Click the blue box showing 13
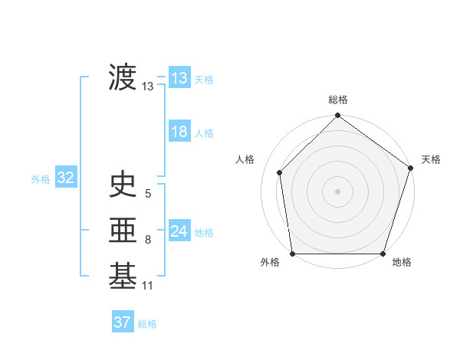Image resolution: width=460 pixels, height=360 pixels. (x=179, y=78)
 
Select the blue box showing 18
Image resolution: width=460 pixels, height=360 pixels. (x=179, y=132)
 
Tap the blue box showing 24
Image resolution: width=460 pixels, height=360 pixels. (x=179, y=231)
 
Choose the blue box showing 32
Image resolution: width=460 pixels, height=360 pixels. (x=65, y=178)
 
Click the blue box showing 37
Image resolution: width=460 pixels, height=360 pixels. (x=123, y=322)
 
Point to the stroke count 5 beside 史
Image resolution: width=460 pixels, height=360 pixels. (x=148, y=195)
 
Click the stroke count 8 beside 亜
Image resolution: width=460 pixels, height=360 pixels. (x=148, y=240)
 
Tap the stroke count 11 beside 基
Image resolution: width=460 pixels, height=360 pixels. (x=148, y=286)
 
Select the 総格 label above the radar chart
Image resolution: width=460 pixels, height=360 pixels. (x=338, y=100)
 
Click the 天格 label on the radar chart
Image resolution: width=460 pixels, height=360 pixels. (x=431, y=159)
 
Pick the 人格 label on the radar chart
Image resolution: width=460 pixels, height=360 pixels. (x=245, y=159)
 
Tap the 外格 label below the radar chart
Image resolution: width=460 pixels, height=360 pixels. (x=270, y=263)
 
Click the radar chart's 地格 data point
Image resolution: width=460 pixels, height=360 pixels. (x=383, y=254)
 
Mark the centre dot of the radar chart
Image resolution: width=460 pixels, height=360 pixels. (x=338, y=191)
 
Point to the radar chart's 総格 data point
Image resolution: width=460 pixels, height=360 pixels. (x=338, y=117)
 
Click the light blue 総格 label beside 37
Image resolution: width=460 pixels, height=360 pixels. (x=148, y=324)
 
